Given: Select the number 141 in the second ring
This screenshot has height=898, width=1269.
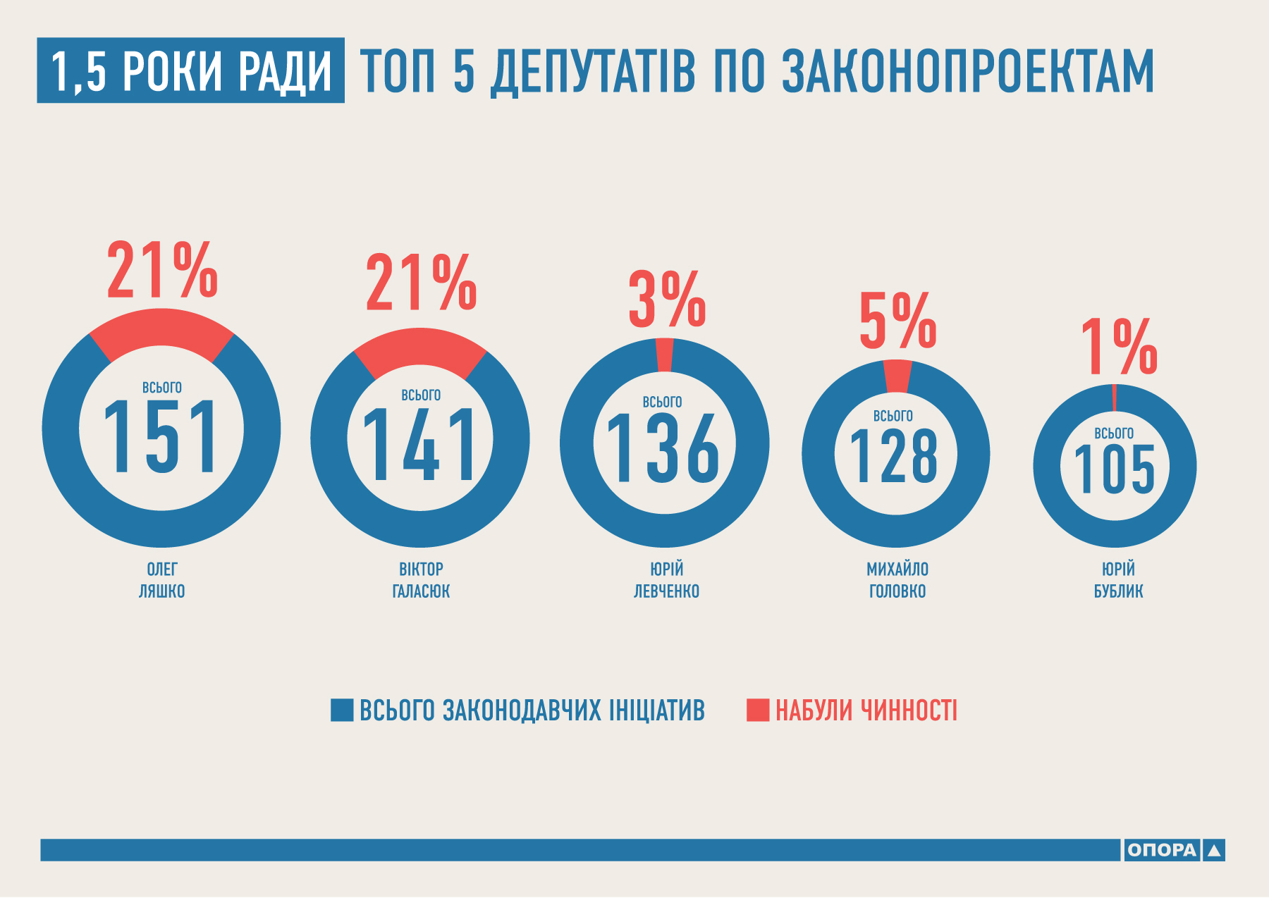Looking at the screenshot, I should (420, 445).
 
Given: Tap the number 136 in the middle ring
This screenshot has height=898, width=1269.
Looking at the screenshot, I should (663, 449).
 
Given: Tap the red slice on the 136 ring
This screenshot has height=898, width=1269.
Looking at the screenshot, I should (664, 355).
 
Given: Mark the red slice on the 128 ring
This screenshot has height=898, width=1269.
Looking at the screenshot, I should (897, 376).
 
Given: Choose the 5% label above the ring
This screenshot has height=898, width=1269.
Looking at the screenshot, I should (897, 322).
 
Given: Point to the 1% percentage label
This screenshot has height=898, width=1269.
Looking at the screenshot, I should (1118, 347).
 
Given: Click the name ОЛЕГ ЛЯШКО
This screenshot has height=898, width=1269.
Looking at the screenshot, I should (161, 580).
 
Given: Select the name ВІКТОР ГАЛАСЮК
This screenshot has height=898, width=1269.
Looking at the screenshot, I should (421, 580).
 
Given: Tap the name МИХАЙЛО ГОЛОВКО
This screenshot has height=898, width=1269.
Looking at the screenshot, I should (897, 580).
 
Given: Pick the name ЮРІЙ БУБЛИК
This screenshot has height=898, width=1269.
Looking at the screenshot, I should (1118, 580).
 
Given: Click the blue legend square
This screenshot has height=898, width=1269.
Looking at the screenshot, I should (342, 710).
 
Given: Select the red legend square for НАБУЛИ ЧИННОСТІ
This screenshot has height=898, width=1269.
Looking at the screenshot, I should (758, 710).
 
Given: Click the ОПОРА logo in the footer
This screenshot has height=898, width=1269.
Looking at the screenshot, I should (1173, 850).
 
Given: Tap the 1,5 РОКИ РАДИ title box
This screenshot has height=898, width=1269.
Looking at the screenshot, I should (190, 70).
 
